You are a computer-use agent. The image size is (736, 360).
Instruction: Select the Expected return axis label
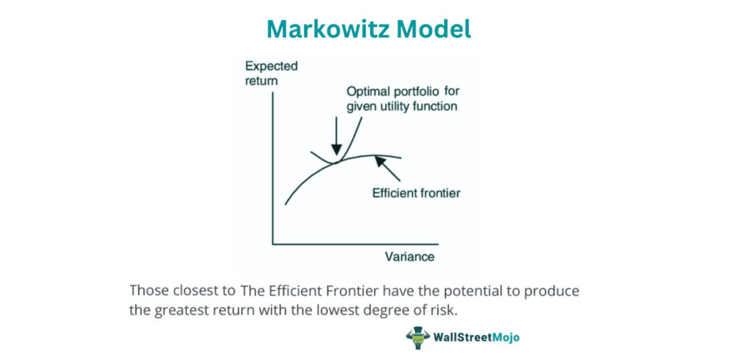[x=272, y=73]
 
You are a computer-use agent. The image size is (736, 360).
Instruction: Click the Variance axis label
[x=410, y=257]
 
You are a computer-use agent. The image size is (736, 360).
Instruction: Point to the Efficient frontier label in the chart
[x=416, y=193]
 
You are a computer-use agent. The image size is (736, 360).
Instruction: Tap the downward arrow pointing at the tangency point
[x=336, y=135]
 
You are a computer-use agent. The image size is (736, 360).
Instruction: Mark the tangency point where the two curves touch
[x=335, y=162]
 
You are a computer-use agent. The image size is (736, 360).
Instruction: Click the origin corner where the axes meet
[x=272, y=244]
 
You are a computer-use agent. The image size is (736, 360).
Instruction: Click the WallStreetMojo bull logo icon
[x=416, y=338]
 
